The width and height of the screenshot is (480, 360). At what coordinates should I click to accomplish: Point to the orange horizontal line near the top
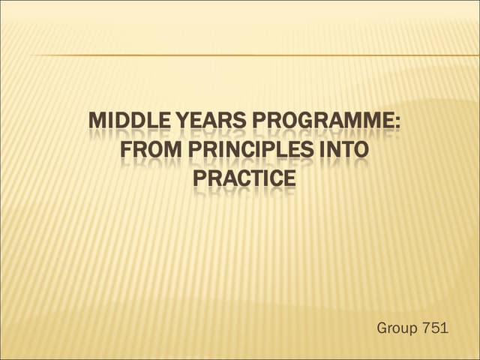click(255, 55)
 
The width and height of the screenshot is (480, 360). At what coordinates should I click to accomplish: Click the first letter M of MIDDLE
click(96, 121)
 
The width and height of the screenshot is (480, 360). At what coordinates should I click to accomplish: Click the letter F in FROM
click(124, 150)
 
